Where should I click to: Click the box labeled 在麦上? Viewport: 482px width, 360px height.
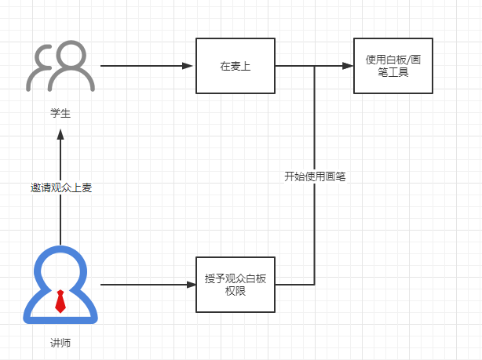point(235,66)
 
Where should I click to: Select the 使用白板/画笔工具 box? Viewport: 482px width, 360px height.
point(393,66)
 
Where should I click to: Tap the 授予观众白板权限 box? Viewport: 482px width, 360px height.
point(235,284)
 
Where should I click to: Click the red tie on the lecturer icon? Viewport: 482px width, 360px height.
point(60,301)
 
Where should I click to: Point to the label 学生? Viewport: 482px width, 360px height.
point(60,114)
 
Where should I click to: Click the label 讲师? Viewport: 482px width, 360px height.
point(60,343)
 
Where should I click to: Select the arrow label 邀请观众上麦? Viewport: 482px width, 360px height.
point(60,187)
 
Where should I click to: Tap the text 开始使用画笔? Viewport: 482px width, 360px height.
point(315,176)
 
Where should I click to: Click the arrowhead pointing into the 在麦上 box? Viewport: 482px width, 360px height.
point(190,66)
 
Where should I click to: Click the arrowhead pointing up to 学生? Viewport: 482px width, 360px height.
point(60,136)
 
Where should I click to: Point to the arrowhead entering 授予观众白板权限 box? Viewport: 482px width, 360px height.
point(190,284)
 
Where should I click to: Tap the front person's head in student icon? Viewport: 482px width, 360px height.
point(71,56)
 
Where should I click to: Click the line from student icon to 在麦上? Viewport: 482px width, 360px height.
point(145,66)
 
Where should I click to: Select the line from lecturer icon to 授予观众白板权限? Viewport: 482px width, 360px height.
point(145,284)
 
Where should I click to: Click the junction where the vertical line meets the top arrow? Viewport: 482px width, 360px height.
point(315,66)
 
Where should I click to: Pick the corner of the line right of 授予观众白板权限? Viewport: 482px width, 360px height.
point(315,284)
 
